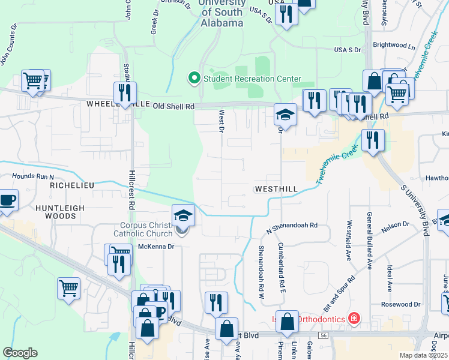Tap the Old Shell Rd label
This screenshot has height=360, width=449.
click(174, 106)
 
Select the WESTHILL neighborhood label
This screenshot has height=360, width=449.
click(276, 188)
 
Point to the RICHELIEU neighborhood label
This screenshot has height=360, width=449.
click(72, 186)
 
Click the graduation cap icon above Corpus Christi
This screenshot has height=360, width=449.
click(183, 215)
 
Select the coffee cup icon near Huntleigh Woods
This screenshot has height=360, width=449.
click(8, 199)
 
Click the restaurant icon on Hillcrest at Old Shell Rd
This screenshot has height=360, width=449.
click(125, 92)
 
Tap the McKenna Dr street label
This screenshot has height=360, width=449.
click(157, 246)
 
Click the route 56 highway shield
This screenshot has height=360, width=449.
click(324, 335)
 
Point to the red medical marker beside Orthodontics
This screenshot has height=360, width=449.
click(354, 317)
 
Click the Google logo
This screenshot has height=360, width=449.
click(20, 353)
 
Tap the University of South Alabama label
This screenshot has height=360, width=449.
click(221, 13)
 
